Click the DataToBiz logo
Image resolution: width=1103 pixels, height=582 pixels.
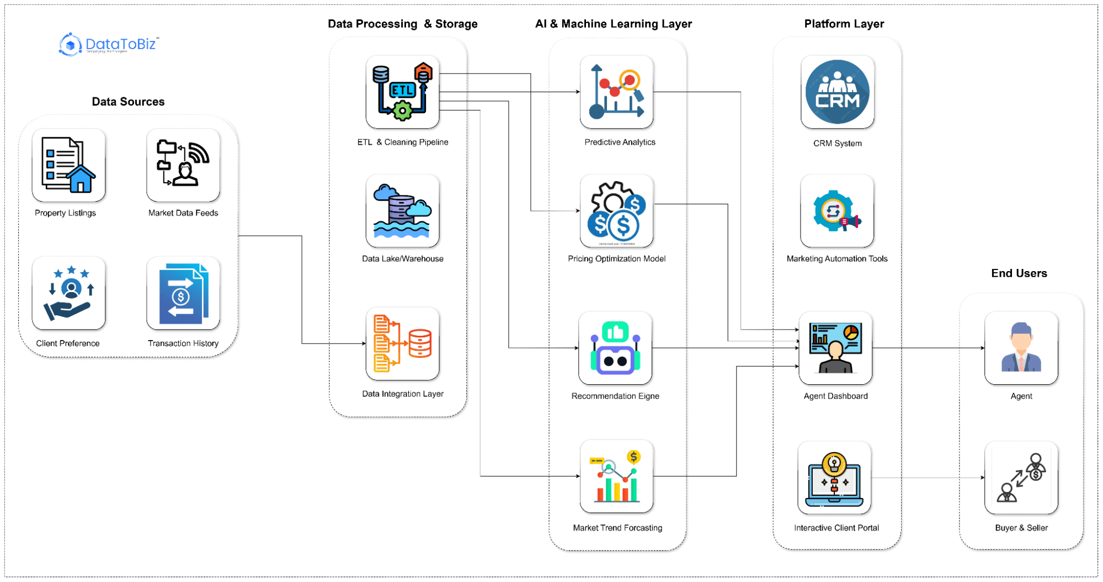click(109, 44)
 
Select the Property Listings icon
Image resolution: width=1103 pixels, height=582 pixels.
click(68, 165)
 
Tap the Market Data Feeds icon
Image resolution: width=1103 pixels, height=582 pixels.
click(183, 165)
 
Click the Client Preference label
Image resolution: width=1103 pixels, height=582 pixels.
click(68, 343)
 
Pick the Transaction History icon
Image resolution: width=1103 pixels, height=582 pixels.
click(183, 293)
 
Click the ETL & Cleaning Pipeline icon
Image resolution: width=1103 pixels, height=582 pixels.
click(402, 92)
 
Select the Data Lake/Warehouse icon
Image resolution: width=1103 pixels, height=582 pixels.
click(402, 211)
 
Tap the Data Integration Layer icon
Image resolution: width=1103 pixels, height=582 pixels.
click(402, 343)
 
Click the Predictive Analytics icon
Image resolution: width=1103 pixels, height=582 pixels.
click(616, 92)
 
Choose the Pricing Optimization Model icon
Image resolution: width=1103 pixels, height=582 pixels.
click(616, 211)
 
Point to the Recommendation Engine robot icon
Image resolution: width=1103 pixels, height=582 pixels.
click(615, 348)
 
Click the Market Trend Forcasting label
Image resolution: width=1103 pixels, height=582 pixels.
click(617, 528)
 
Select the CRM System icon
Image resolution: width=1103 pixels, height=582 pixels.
click(837, 92)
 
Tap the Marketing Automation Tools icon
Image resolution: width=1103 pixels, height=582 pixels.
click(837, 211)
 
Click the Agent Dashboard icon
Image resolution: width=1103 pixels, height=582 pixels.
click(835, 348)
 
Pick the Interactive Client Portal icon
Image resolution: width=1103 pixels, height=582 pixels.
click(834, 478)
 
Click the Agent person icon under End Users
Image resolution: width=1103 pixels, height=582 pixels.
click(1021, 348)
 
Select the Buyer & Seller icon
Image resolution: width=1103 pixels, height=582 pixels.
click(1021, 478)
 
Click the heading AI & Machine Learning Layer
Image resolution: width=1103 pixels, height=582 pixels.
click(613, 24)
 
